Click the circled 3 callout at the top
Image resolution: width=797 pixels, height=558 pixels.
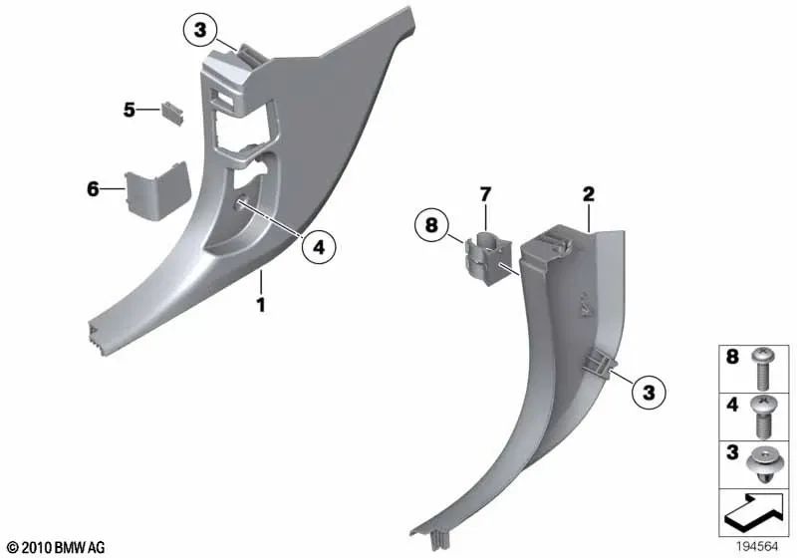[x=200, y=34]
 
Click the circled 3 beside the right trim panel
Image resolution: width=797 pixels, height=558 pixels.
[x=649, y=394]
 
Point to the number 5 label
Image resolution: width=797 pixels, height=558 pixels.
[x=130, y=110]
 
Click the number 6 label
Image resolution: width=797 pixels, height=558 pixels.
[x=93, y=187]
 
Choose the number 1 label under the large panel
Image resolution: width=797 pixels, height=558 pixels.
[x=261, y=305]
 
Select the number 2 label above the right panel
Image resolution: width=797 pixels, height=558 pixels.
[x=589, y=193]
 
